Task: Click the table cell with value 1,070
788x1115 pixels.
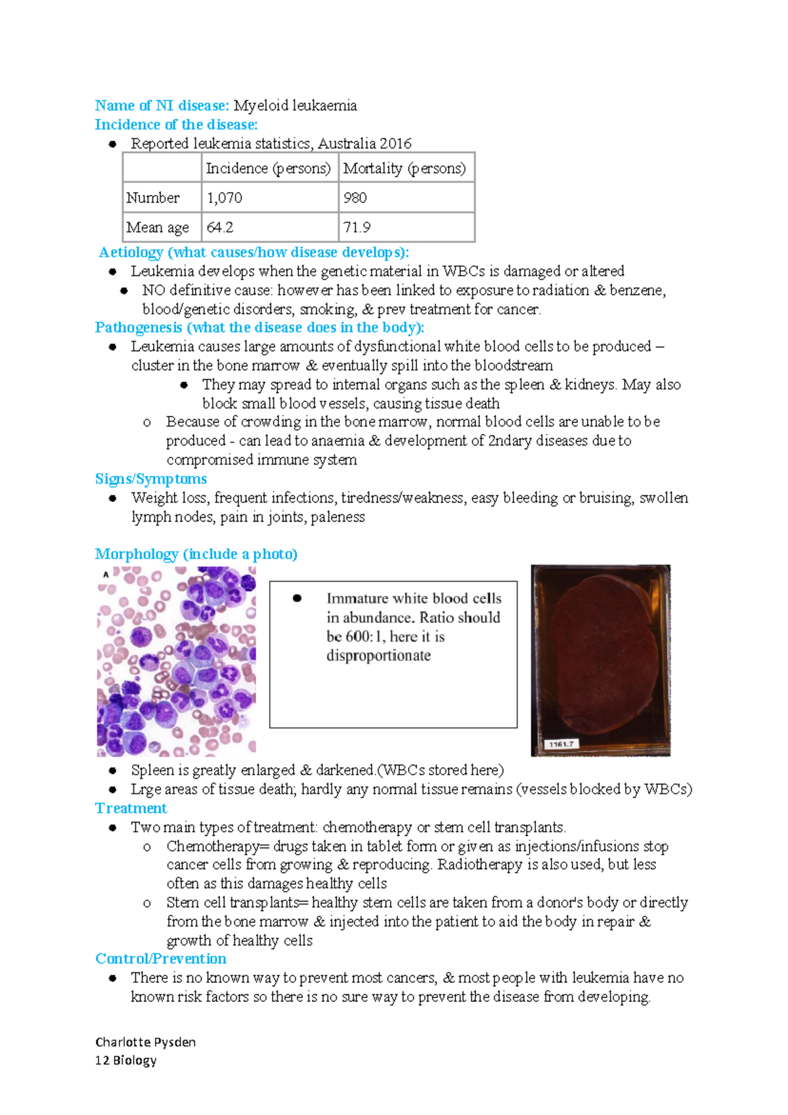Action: (225, 198)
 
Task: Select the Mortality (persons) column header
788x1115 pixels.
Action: (405, 168)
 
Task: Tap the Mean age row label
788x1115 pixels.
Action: (158, 227)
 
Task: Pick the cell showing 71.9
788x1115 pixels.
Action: (357, 227)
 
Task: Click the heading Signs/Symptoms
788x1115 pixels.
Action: (151, 479)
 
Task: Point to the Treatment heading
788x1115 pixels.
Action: (131, 808)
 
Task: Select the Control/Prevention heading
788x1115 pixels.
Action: (161, 959)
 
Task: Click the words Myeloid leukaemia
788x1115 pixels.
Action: (295, 106)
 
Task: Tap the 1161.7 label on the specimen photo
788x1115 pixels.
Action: (561, 744)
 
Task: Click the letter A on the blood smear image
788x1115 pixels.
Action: (105, 575)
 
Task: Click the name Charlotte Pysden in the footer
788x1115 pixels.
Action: (145, 1042)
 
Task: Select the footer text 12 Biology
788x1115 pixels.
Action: (125, 1060)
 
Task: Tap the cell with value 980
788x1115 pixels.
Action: (355, 198)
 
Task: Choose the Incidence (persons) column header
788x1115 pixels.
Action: (268, 168)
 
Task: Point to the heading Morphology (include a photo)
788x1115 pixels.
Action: (196, 554)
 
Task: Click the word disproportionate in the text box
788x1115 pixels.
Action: (379, 656)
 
